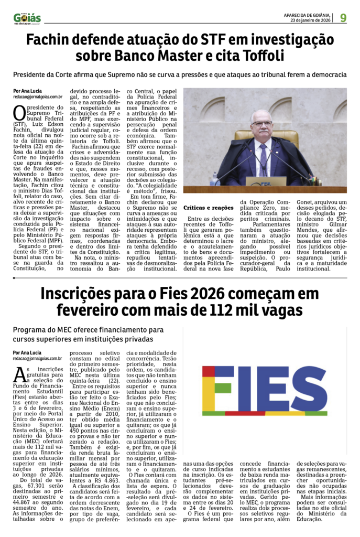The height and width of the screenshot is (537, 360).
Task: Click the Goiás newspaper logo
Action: (27, 18)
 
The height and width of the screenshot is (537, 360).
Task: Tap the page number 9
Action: (342, 17)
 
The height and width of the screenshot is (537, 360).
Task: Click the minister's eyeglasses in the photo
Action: (261, 123)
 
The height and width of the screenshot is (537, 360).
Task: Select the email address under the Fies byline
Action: (38, 358)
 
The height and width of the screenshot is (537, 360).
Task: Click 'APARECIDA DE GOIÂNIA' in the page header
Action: (309, 15)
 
